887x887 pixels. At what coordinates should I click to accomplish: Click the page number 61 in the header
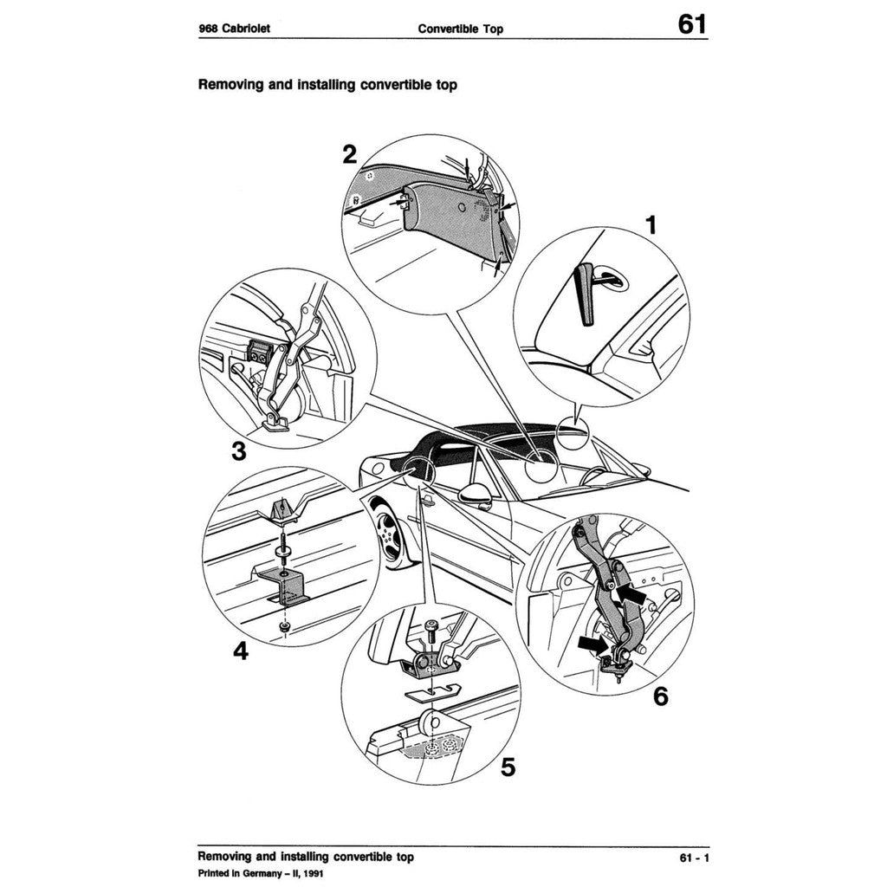691,23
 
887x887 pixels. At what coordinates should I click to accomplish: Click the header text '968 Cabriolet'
235,29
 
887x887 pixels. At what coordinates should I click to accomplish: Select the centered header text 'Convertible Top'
460,29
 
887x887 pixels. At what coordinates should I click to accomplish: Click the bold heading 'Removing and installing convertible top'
327,85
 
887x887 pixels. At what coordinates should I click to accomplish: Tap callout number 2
349,155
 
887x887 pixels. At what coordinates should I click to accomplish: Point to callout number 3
237,451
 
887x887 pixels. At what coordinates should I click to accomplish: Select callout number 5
508,767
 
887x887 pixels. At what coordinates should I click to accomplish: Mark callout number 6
660,696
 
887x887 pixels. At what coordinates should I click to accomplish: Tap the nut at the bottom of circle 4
284,625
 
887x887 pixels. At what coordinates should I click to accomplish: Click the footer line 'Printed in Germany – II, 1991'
261,873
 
